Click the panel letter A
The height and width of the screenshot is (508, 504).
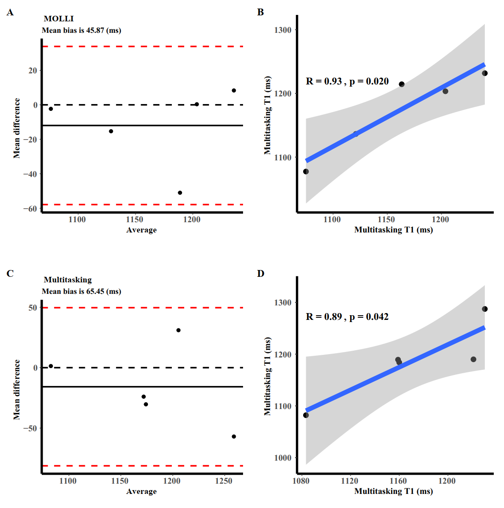pyautogui.click(x=10, y=12)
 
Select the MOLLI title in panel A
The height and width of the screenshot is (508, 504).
pyautogui.click(x=59, y=19)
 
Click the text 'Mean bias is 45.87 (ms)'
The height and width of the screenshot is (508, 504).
pyautogui.click(x=81, y=30)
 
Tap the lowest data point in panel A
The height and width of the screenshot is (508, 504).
pyautogui.click(x=180, y=193)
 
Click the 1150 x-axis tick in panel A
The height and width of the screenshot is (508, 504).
pyautogui.click(x=135, y=220)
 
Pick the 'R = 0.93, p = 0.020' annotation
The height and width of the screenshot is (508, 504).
pyautogui.click(x=347, y=81)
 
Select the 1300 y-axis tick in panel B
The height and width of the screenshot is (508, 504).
pyautogui.click(x=283, y=30)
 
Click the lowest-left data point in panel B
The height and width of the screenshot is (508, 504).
pyautogui.click(x=306, y=171)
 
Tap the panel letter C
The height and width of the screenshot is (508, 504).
pyautogui.click(x=10, y=273)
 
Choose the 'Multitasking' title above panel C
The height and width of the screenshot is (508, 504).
pyautogui.click(x=68, y=280)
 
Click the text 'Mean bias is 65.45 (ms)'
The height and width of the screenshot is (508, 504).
pyautogui.click(x=81, y=291)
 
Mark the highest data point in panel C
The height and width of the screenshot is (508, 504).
pyautogui.click(x=178, y=330)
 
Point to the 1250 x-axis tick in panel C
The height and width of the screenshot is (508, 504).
pyautogui.click(x=224, y=481)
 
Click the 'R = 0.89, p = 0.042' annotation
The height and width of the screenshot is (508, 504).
pyautogui.click(x=347, y=317)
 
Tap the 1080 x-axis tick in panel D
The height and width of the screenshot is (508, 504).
pyautogui.click(x=301, y=481)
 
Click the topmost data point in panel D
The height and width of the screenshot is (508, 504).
pyautogui.click(x=485, y=309)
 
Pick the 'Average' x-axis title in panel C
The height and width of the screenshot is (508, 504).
pyautogui.click(x=142, y=491)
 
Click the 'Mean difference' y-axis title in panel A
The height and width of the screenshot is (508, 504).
pyautogui.click(x=17, y=128)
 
